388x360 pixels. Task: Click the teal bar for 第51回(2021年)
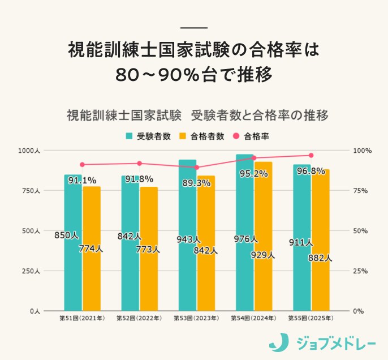(73, 243)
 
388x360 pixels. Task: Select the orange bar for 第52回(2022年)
(149, 249)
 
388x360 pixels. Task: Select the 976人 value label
(245, 239)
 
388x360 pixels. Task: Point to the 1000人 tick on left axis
(28, 151)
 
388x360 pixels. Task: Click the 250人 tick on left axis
(30, 271)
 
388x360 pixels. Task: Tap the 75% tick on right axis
(362, 191)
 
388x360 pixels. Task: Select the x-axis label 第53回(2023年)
(196, 319)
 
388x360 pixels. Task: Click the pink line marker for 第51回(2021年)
(82, 165)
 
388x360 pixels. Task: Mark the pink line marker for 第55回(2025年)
(311, 155)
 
